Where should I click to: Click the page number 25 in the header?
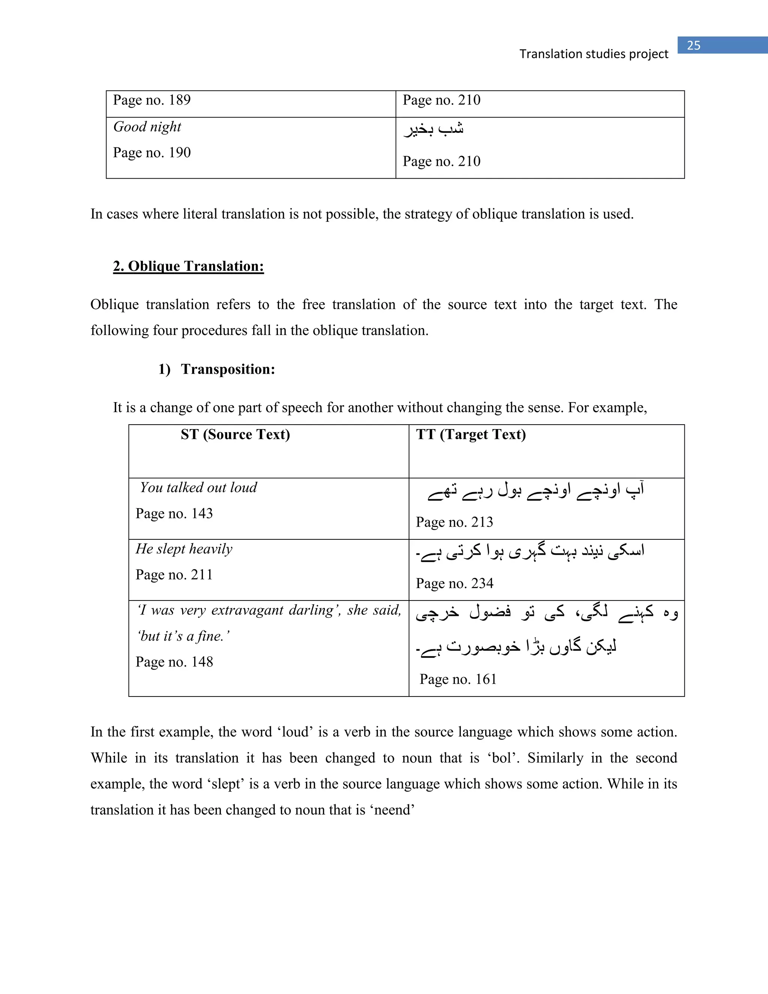tap(693, 45)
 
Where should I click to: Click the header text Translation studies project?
tap(594, 54)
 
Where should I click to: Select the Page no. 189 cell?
tap(152, 100)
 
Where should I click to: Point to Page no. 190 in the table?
tap(152, 152)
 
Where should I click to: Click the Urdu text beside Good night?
tap(433, 130)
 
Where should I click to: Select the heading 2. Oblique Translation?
tap(188, 266)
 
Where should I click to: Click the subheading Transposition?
tap(228, 369)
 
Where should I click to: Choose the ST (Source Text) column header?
tap(235, 435)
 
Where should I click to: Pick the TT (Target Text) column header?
tap(471, 435)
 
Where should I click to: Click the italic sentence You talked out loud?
tap(198, 488)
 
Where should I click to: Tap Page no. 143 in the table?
tap(174, 514)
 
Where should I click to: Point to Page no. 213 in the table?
tap(454, 522)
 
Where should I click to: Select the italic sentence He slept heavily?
tap(184, 549)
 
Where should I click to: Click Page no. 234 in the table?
tap(454, 584)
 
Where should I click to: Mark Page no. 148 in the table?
tap(174, 662)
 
